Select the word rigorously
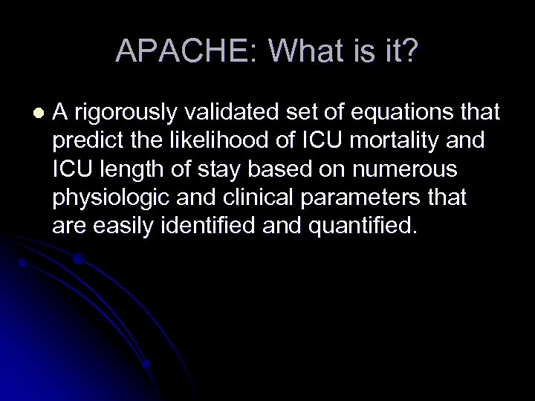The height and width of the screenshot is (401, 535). tap(132, 113)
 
